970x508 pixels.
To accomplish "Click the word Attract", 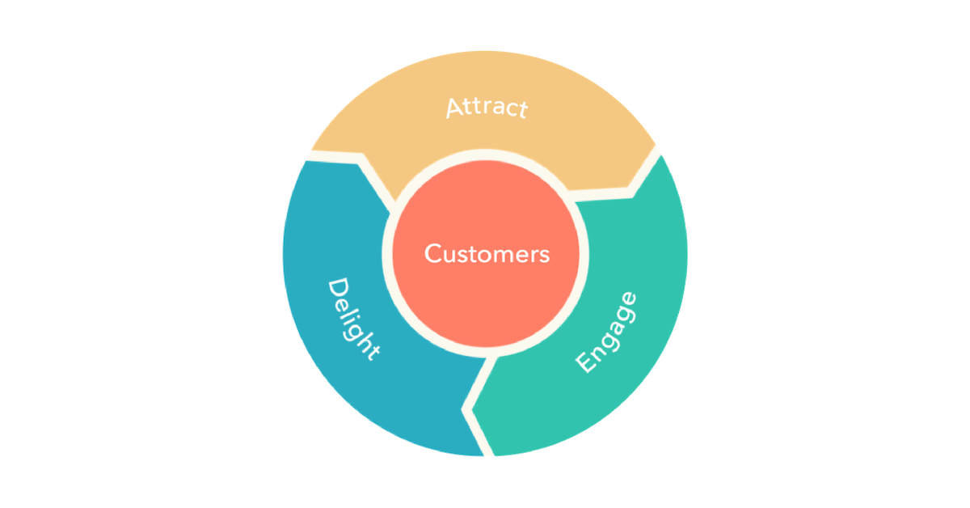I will [487, 108].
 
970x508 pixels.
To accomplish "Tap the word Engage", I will [606, 332].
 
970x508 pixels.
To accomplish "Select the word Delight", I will [352, 320].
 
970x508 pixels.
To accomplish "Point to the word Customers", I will [487, 254].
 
